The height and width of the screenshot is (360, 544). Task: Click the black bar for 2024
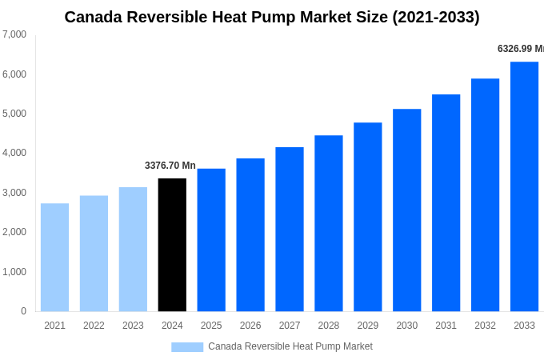coord(172,245)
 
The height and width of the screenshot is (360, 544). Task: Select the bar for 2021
coord(54,258)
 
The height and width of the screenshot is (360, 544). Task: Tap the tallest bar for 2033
coord(524,186)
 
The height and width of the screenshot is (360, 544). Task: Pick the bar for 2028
coord(328,223)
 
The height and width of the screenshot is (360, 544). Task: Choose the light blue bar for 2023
coord(133,250)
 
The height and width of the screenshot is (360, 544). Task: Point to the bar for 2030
coord(406,210)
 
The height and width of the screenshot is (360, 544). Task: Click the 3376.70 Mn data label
coord(170,166)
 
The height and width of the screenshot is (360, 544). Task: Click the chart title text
coord(272,17)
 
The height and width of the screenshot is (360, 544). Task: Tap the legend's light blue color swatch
coord(187,347)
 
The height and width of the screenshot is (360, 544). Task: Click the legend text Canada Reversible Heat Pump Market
coord(290,346)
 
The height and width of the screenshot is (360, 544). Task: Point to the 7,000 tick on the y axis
coord(14,34)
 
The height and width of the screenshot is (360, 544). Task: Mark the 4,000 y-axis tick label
coord(14,153)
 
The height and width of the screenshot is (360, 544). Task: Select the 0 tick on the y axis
coord(23,311)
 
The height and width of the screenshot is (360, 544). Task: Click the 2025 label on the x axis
coord(211,326)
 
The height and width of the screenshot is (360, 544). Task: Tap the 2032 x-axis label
coord(485,326)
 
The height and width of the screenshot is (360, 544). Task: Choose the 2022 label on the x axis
coord(94,326)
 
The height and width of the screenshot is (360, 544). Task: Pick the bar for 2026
coord(250,235)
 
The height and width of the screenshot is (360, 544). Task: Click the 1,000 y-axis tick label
coord(14,272)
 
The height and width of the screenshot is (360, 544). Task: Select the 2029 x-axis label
coord(367,326)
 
